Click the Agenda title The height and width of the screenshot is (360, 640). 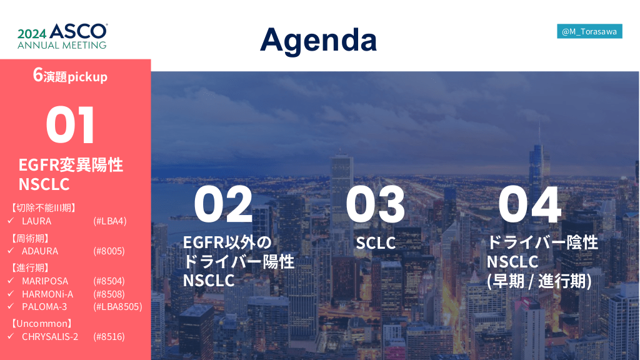pos(318,41)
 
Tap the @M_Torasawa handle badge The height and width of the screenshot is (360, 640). pos(589,31)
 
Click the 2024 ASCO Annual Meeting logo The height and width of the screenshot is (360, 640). pos(62,36)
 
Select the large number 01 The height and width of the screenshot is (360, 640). pos(70,124)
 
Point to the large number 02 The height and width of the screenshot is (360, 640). pos(223,204)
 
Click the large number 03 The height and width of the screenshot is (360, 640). pos(375,204)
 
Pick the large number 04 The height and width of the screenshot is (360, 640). pos(530,204)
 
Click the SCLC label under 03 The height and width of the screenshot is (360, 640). pos(376,243)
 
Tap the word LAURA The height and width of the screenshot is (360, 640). pos(37,221)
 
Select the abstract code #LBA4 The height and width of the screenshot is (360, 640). pos(110,221)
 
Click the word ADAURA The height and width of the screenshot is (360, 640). pos(40,251)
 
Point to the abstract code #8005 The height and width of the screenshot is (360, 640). pos(109,251)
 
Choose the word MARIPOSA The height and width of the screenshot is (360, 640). pos(45,281)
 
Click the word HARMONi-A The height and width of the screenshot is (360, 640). pos(47,294)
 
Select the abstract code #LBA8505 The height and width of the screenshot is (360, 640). pos(117,306)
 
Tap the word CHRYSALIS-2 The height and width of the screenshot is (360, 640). pos(50,337)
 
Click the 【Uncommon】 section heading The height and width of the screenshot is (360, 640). pos(42,324)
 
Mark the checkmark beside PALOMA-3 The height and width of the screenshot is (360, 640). pos(11,306)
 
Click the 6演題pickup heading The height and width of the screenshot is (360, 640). pos(70,76)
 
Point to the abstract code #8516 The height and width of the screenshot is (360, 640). pos(109,337)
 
